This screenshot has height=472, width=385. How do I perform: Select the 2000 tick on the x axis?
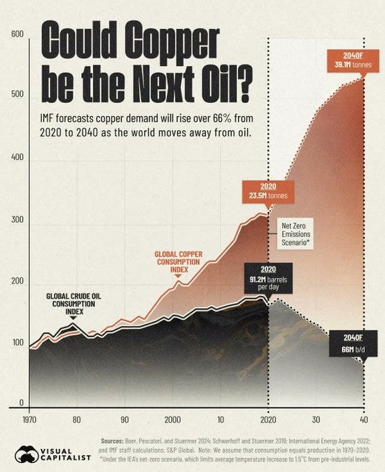(x=173, y=420)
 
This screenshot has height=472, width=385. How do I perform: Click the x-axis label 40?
(x=363, y=420)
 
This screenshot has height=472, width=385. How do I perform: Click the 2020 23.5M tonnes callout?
(x=267, y=191)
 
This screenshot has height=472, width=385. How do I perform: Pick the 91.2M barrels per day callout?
(x=268, y=277)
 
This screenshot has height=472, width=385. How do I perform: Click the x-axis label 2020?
(x=268, y=420)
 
